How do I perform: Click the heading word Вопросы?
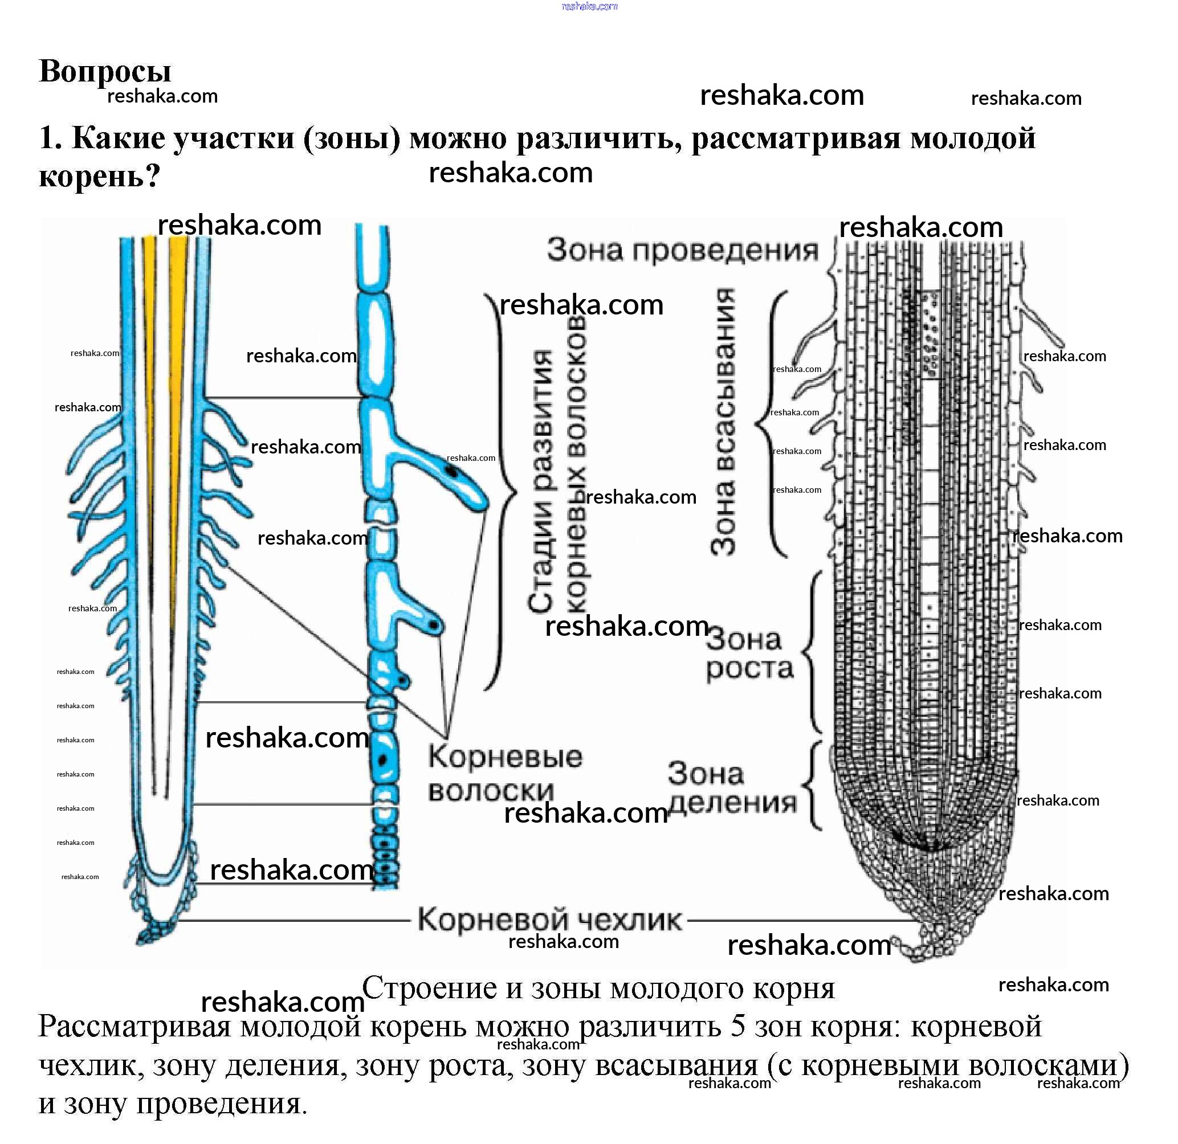(105, 71)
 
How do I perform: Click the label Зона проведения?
(683, 250)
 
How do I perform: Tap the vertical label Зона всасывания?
(723, 421)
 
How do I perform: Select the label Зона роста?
(749, 654)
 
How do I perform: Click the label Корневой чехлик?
(550, 920)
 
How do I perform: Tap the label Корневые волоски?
(505, 774)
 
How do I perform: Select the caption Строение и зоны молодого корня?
(598, 987)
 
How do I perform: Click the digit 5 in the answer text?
(739, 1027)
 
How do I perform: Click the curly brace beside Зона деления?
(811, 785)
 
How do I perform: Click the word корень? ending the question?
(100, 177)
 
